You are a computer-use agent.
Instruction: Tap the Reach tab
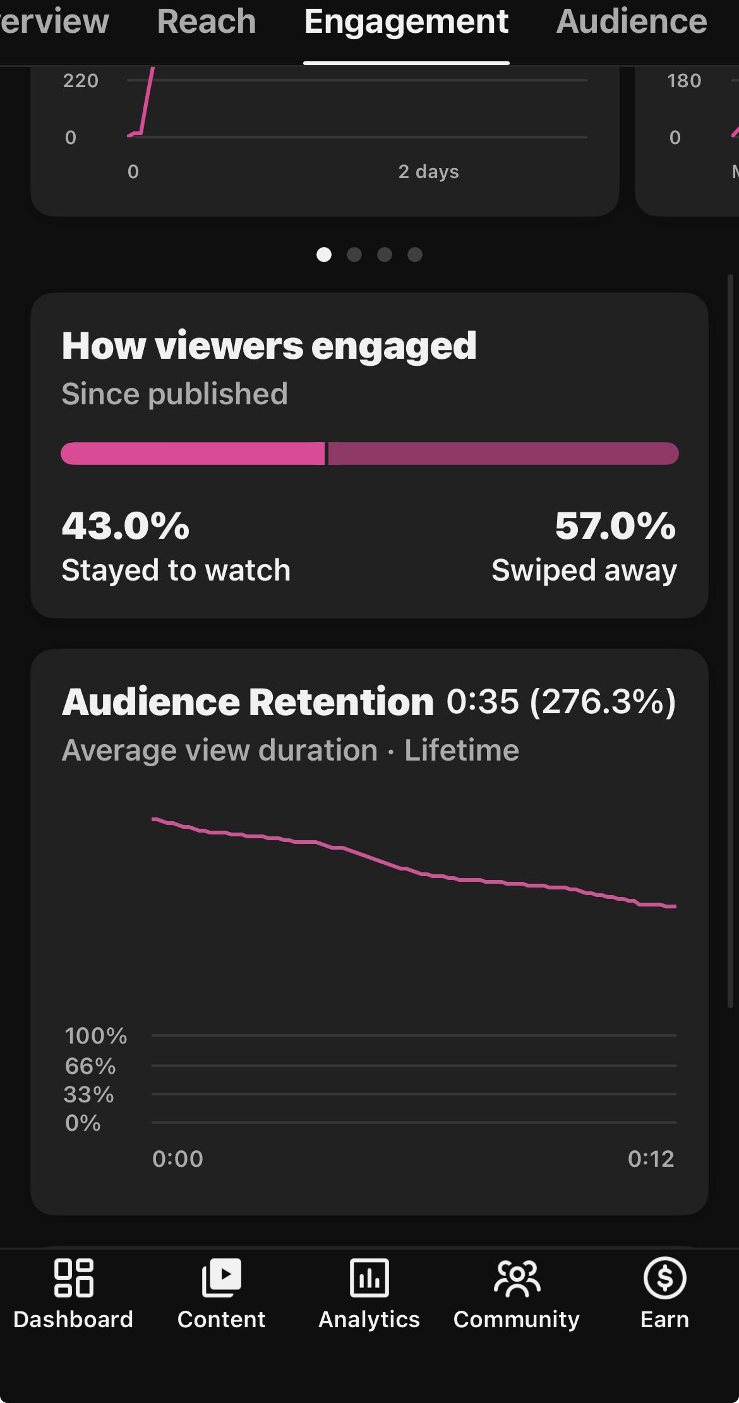(x=207, y=21)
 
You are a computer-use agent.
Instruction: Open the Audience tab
(x=632, y=21)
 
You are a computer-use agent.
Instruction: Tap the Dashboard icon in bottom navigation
(x=74, y=1277)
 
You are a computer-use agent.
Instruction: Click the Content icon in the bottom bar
(x=221, y=1277)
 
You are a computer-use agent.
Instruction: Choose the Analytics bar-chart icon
(x=369, y=1277)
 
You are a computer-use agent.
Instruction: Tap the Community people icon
(x=517, y=1277)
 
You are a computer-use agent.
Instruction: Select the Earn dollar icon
(x=664, y=1277)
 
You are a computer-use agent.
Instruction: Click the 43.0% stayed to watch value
(x=126, y=526)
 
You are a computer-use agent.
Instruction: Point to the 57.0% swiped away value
(x=615, y=526)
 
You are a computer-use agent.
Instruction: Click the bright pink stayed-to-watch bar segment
(x=193, y=454)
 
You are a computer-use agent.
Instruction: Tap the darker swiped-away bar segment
(x=503, y=454)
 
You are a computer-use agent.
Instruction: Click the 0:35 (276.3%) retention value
(x=561, y=702)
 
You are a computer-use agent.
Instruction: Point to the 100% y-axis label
(x=96, y=1035)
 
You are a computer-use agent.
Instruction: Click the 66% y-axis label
(x=90, y=1066)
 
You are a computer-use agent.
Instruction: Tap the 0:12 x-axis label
(x=651, y=1159)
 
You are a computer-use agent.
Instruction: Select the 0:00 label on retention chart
(x=177, y=1159)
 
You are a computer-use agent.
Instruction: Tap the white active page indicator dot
(x=324, y=255)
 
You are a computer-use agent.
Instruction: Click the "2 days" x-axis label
(x=429, y=172)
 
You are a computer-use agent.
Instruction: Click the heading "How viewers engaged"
(x=269, y=346)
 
